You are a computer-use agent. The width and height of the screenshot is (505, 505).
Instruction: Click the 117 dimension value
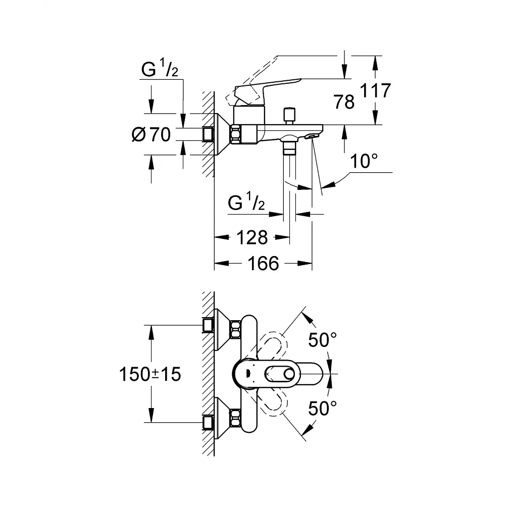tap(375, 90)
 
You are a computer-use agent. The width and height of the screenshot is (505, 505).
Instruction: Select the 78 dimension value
tap(344, 102)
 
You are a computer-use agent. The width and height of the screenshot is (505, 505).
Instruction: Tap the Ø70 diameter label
tap(151, 134)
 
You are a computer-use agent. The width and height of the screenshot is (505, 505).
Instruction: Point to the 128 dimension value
tap(252, 237)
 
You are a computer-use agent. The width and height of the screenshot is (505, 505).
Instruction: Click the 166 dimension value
tap(263, 264)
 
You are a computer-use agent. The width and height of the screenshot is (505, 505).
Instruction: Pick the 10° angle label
tap(364, 161)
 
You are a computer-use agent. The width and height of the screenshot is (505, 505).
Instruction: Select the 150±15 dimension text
tap(150, 374)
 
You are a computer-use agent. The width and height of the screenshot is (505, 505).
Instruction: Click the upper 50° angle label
tap(322, 339)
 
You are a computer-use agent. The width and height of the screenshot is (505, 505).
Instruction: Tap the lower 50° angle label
tap(322, 409)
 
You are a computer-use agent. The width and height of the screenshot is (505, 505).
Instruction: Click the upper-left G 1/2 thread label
tap(160, 68)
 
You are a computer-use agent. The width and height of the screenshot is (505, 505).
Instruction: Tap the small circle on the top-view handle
tap(289, 374)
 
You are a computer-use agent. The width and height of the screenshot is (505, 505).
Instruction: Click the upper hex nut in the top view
tap(235, 329)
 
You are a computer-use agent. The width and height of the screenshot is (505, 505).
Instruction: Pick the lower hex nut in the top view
tap(235, 418)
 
